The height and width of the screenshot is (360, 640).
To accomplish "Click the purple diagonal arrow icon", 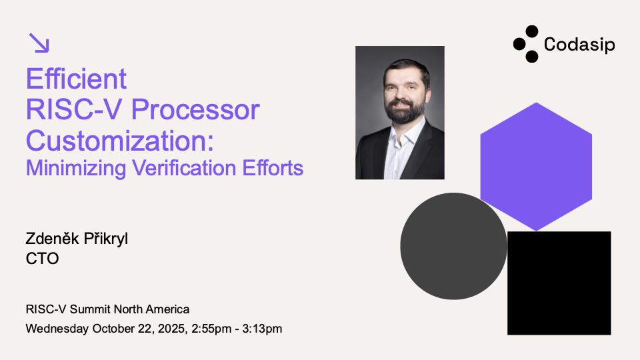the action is [x=39, y=43].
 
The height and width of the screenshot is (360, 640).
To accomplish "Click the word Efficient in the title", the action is [x=76, y=79].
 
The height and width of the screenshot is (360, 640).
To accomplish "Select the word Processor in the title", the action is [x=195, y=110].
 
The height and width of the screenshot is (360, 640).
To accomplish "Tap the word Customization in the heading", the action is [x=116, y=141].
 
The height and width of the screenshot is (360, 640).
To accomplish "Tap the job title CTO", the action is [x=43, y=259].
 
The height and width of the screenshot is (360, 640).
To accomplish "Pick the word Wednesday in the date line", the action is [x=57, y=329].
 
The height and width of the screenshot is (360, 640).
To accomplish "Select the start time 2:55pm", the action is [x=211, y=329].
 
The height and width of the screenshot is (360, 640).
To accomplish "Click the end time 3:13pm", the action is [x=262, y=329].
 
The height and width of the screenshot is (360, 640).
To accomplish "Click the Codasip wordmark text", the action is [x=579, y=44].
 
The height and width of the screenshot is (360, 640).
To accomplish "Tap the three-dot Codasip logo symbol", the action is [x=526, y=44].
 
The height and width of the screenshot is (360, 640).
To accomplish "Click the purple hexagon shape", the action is [x=536, y=167].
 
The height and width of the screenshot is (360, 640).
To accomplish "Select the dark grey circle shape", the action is [x=453, y=246].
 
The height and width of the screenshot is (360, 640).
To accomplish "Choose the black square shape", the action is [x=559, y=283].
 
